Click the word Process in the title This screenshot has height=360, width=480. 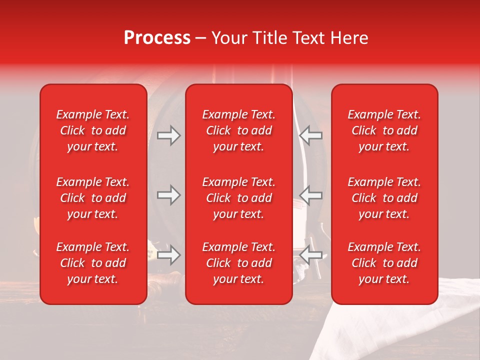click(x=157, y=37)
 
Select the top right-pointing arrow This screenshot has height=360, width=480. click(x=169, y=135)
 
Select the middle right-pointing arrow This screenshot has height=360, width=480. click(x=169, y=195)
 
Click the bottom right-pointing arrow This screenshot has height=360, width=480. click(x=169, y=255)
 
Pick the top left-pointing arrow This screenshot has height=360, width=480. click(x=310, y=135)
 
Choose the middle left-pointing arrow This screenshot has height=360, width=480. click(x=310, y=195)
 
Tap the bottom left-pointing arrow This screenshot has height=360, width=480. click(x=310, y=255)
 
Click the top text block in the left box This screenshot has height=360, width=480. click(x=93, y=130)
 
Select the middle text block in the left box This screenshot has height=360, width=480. click(x=93, y=198)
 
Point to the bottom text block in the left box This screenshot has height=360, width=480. click(x=93, y=263)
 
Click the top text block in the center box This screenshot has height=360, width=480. click(x=238, y=130)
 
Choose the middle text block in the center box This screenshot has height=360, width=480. click(x=238, y=198)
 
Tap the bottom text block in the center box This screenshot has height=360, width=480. click(x=238, y=263)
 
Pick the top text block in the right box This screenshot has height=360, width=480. click(x=384, y=130)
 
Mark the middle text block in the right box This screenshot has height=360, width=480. click(x=384, y=198)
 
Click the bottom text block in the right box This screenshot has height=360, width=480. click(x=384, y=263)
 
